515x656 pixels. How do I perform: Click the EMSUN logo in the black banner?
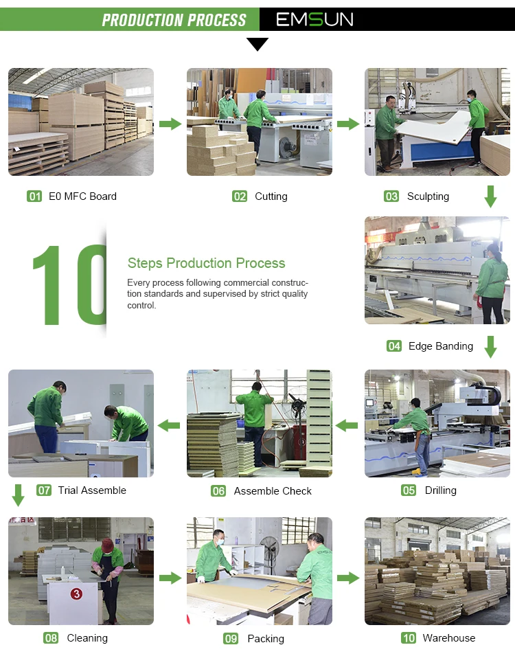314,19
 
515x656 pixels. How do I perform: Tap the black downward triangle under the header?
257,44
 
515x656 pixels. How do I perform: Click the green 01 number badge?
34,196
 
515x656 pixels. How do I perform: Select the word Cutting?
271,196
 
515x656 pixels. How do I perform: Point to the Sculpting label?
428,196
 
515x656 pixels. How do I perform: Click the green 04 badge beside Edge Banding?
394,346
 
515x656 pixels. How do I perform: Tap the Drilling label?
441,490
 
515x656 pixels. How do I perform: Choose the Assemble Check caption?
273,490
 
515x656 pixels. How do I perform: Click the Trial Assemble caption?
92,490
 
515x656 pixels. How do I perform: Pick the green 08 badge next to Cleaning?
51,638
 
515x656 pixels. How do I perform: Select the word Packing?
266,638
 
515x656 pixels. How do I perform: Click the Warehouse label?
449,638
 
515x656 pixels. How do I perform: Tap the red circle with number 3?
76,593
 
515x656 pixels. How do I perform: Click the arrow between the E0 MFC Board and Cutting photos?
170,124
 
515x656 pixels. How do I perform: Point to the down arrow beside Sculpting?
490,196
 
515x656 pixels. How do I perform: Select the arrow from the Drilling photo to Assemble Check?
346,426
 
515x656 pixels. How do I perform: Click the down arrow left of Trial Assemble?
18,495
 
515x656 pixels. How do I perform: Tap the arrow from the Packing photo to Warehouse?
349,578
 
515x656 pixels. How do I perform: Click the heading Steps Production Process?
206,262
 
